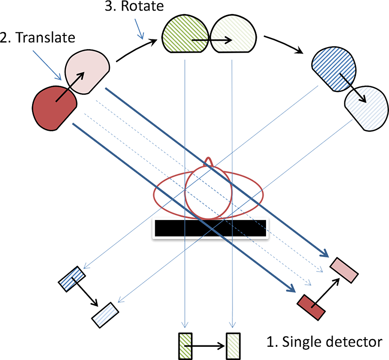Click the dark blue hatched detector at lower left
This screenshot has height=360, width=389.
(72, 280)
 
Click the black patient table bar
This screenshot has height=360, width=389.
(210, 229)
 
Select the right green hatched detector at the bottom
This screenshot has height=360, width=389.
(232, 343)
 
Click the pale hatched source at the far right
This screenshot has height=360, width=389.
(365, 107)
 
